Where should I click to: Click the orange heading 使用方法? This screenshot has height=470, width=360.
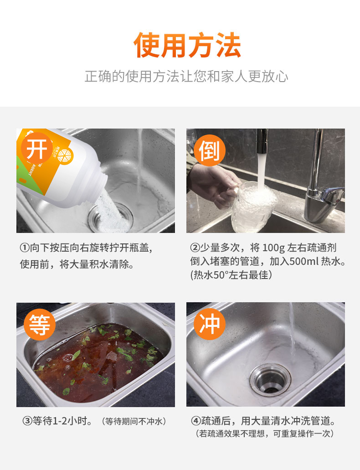[187, 46]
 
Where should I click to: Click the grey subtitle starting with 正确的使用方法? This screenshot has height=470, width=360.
[186, 76]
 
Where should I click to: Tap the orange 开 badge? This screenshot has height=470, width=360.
[37, 149]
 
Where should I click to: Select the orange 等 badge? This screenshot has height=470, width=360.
[39, 325]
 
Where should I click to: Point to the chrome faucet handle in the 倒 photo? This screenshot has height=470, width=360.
[326, 195]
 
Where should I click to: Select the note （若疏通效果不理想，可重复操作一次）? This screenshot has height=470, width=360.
[265, 434]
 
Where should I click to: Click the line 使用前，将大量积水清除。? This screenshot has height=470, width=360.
[77, 264]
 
